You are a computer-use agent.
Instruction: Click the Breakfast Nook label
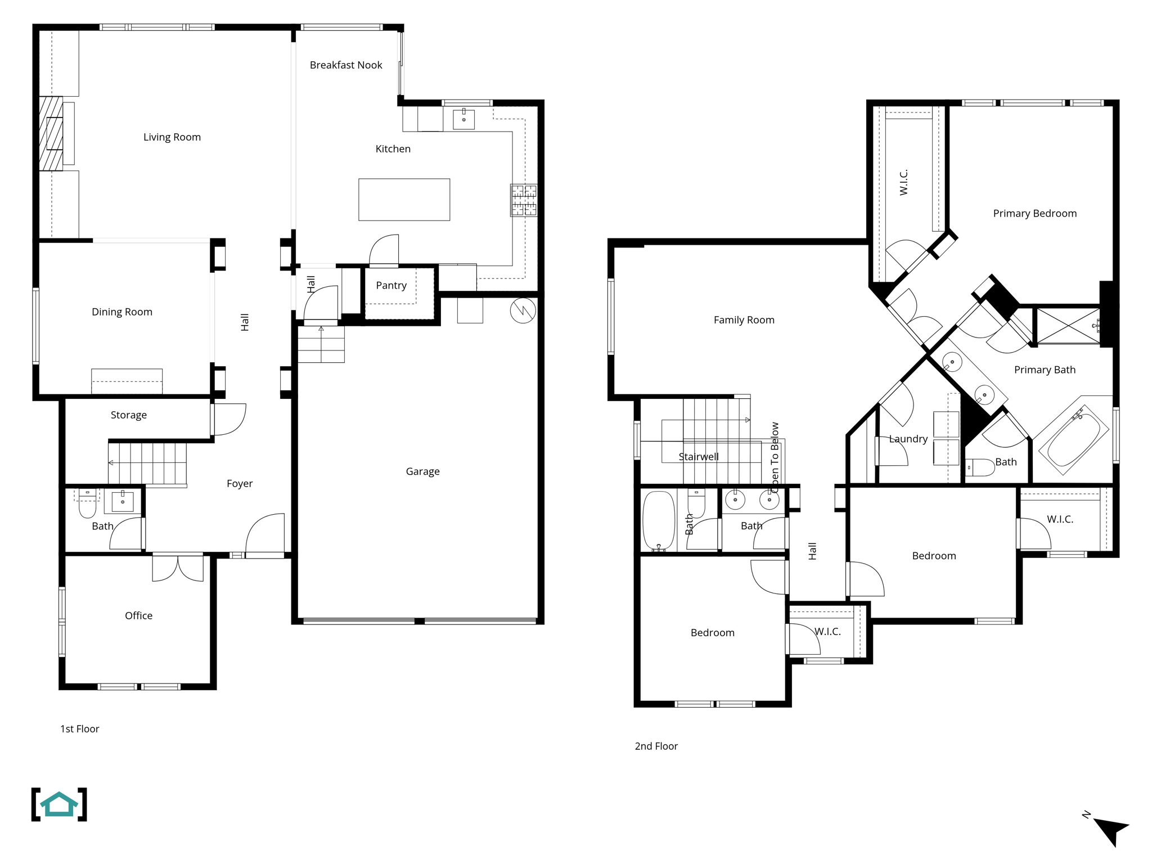pyautogui.click(x=345, y=65)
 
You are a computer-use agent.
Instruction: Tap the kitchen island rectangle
pyautogui.click(x=404, y=200)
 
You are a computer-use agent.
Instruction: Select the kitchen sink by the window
pyautogui.click(x=463, y=119)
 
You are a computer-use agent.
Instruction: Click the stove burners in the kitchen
pyautogui.click(x=524, y=200)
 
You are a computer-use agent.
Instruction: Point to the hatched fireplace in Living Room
pyautogui.click(x=51, y=133)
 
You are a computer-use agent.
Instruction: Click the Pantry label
pyautogui.click(x=391, y=285)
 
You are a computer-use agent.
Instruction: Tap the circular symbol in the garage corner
pyautogui.click(x=523, y=310)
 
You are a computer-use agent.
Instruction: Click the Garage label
pyautogui.click(x=422, y=471)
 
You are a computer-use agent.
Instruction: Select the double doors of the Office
pyautogui.click(x=178, y=568)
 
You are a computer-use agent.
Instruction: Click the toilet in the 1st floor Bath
pyautogui.click(x=87, y=505)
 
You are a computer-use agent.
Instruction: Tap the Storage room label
pyautogui.click(x=128, y=415)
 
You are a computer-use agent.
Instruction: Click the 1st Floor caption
pyautogui.click(x=79, y=729)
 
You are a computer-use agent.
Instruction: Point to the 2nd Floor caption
pyautogui.click(x=656, y=746)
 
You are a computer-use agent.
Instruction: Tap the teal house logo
pyautogui.click(x=59, y=804)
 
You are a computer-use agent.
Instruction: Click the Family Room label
pyautogui.click(x=744, y=320)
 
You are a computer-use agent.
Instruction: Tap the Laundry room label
pyautogui.click(x=908, y=439)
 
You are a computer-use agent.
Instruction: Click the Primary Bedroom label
pyautogui.click(x=1034, y=213)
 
